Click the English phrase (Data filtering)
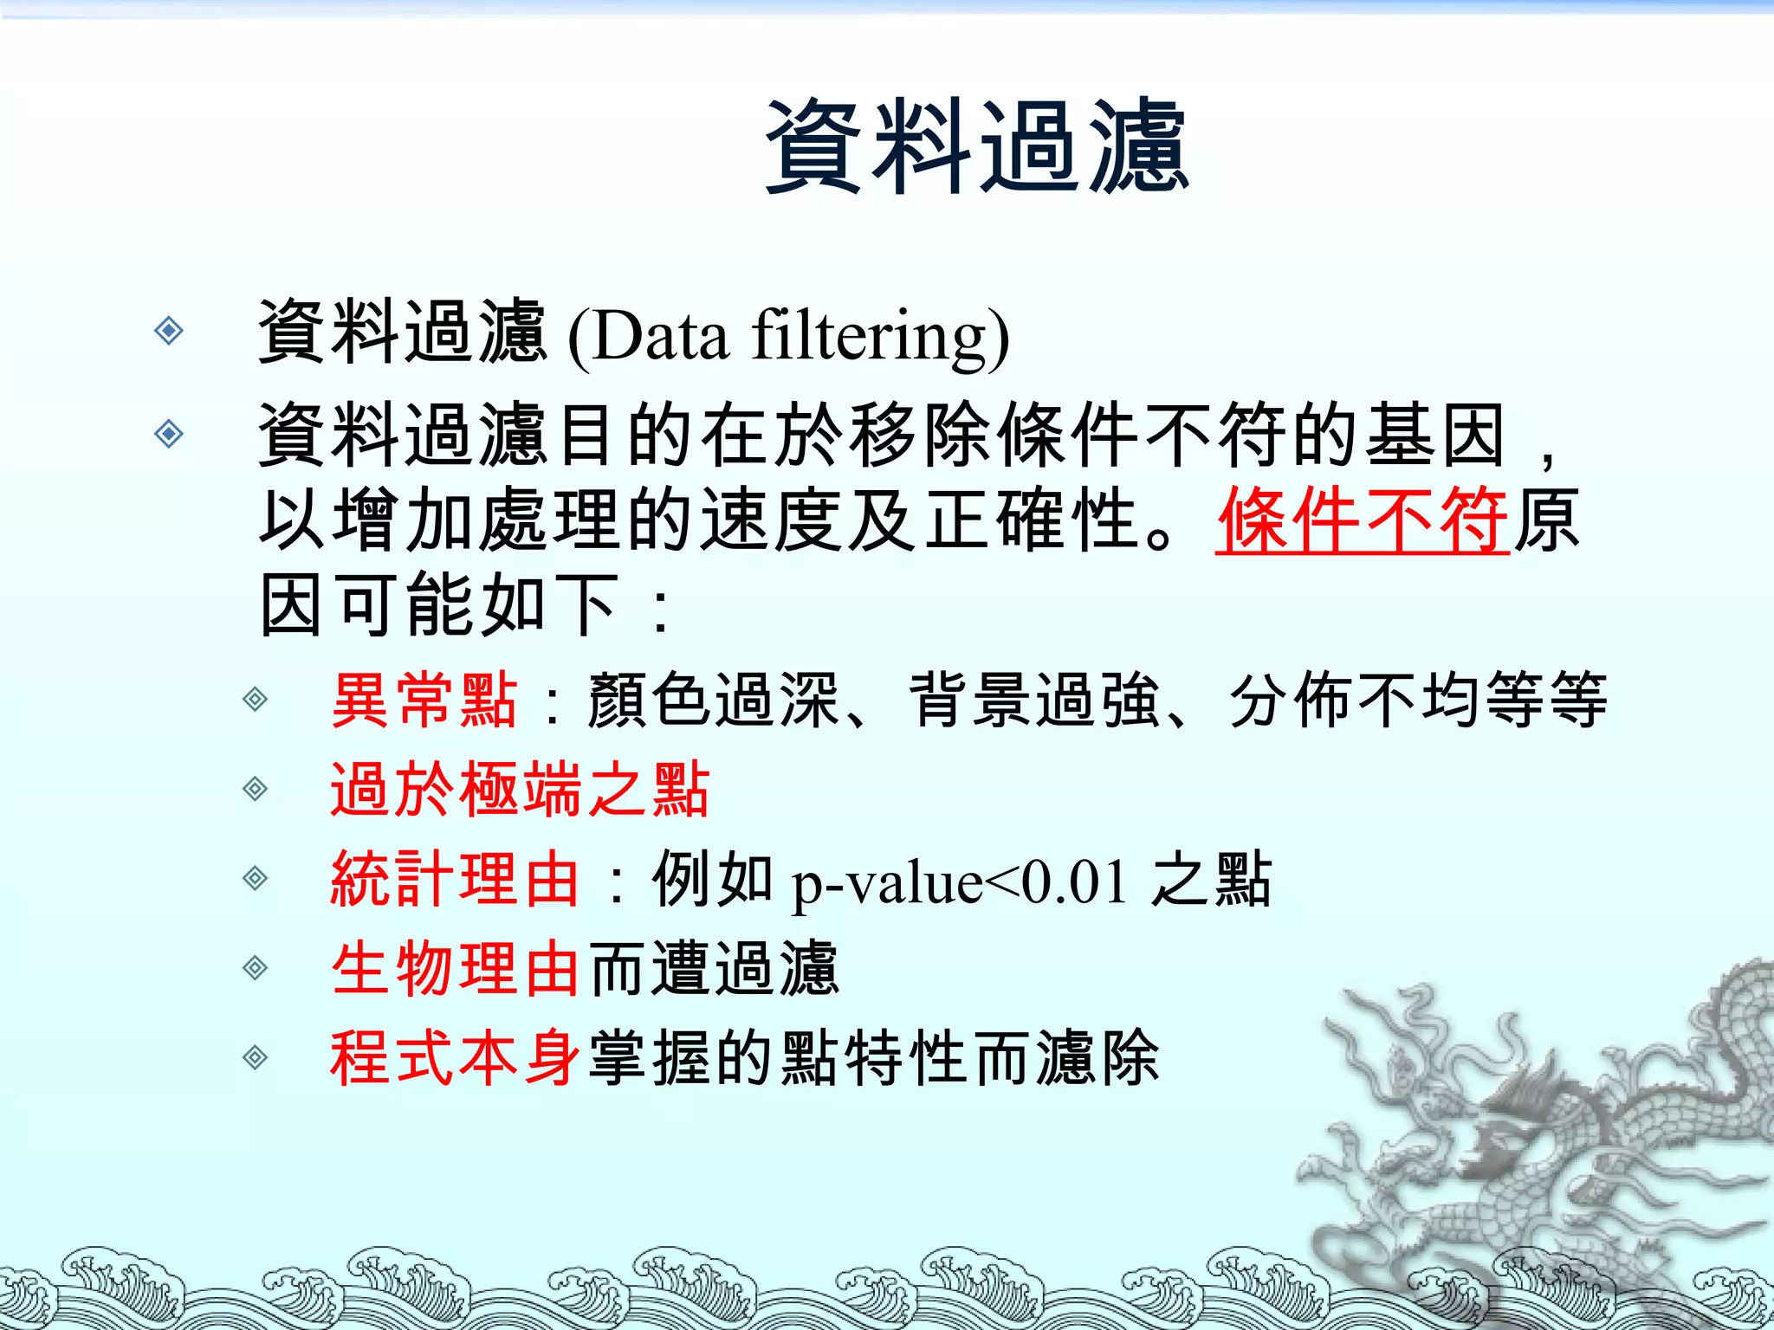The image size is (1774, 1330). tap(788, 336)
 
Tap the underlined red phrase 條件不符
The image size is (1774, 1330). tap(1362, 520)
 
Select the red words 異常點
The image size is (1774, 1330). tap(424, 700)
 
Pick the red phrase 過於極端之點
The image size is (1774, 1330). tap(520, 790)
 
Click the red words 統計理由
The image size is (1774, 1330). tap(455, 880)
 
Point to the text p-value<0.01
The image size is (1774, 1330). tap(960, 883)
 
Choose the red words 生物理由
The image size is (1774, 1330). tap(455, 969)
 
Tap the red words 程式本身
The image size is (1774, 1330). tap(455, 1058)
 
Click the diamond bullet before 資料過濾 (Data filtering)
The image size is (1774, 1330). tap(169, 330)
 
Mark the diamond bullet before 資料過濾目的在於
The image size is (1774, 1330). tap(169, 433)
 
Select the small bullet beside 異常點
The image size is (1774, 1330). tap(255, 699)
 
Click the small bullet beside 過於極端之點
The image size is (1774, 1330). tap(255, 789)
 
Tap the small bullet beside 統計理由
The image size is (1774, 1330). tap(255, 879)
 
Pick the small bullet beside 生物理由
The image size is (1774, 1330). tap(255, 968)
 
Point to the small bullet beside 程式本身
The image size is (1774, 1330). tap(255, 1057)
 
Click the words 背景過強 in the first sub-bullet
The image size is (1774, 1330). tap(1034, 700)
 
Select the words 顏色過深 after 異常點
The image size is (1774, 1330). tap(713, 700)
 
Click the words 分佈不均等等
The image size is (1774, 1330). tap(1418, 700)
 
